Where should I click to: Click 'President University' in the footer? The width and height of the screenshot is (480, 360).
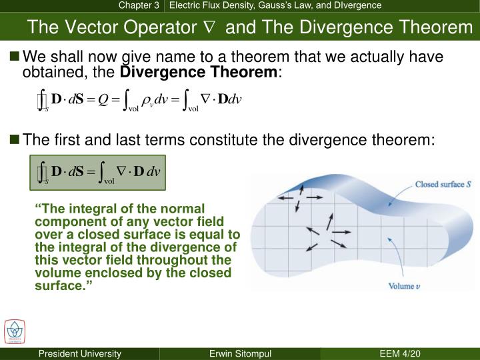79,353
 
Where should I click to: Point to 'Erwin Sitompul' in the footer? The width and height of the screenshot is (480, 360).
239,353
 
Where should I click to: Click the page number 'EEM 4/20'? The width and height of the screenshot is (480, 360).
399,353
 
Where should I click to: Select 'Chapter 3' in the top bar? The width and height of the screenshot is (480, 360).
139,5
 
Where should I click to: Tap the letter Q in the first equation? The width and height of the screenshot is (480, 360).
103,100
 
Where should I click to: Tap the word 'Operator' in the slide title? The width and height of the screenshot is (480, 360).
153,27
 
